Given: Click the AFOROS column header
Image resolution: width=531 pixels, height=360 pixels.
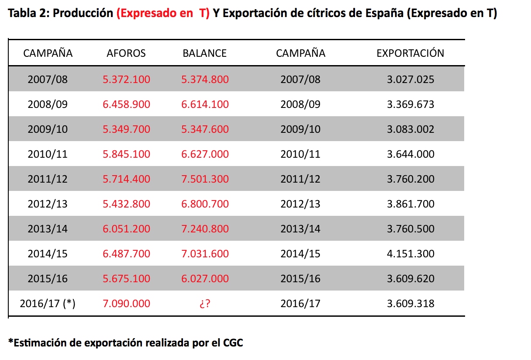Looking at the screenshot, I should [126, 53].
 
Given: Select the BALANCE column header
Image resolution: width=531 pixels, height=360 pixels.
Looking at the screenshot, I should [204, 53].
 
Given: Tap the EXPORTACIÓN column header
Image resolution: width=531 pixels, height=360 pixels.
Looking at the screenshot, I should [410, 53].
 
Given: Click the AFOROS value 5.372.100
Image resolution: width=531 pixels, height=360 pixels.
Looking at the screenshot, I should [127, 80].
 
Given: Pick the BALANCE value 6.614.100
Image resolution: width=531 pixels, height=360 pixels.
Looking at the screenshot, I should [205, 104].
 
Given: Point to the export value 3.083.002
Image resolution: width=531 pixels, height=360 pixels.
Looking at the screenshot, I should [410, 129].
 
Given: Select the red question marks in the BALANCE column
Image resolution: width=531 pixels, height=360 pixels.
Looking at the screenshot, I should [205, 304].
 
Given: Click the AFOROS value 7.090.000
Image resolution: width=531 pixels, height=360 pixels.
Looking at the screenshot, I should [127, 304].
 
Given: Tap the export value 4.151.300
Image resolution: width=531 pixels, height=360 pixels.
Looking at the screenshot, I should [410, 254].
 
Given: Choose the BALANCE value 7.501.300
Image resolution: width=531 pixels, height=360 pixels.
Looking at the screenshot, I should [205, 179].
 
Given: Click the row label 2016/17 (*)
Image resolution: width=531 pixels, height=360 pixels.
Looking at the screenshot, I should [48, 304].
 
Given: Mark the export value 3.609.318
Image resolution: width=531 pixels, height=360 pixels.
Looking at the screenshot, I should [410, 304].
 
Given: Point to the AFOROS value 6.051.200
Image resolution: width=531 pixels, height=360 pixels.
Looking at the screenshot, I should [127, 229].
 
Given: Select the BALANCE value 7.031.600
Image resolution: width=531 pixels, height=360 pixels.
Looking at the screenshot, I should [205, 254].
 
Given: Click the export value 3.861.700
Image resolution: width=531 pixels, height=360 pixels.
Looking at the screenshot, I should [410, 204].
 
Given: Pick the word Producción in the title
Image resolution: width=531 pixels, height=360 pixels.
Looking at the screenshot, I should [83, 14].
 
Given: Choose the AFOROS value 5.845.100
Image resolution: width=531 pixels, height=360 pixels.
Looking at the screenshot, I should [127, 154].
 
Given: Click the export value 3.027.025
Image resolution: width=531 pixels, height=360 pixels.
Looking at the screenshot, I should [410, 80].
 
